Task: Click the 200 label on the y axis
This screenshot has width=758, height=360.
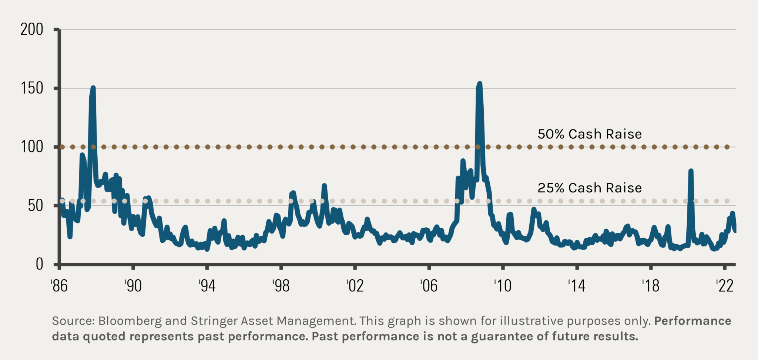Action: coord(32,29)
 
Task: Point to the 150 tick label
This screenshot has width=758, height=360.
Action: coord(32,88)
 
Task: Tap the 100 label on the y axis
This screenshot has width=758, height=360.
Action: coord(32,147)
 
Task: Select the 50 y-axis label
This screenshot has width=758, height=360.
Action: coord(36,206)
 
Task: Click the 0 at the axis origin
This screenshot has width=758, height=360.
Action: coord(39,264)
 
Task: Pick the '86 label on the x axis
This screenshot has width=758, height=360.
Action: coord(59,286)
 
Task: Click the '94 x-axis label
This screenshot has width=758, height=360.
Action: coord(207,286)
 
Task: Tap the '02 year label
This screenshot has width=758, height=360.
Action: coord(355,286)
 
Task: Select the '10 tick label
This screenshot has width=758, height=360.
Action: coord(502,286)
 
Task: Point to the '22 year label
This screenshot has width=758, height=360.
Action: coord(724,286)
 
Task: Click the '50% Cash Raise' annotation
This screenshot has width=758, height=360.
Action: coord(590,134)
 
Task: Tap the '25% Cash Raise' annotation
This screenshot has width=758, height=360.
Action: coord(590,188)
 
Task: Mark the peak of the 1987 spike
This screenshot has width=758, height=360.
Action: coord(93,88)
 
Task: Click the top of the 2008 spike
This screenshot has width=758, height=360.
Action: coord(480,84)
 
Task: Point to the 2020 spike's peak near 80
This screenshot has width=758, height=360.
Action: coord(691,171)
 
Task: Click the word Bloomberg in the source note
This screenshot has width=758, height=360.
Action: coord(130,321)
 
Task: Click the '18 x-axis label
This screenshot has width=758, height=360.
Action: coord(650,286)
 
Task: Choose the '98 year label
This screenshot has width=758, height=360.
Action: coord(281,286)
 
